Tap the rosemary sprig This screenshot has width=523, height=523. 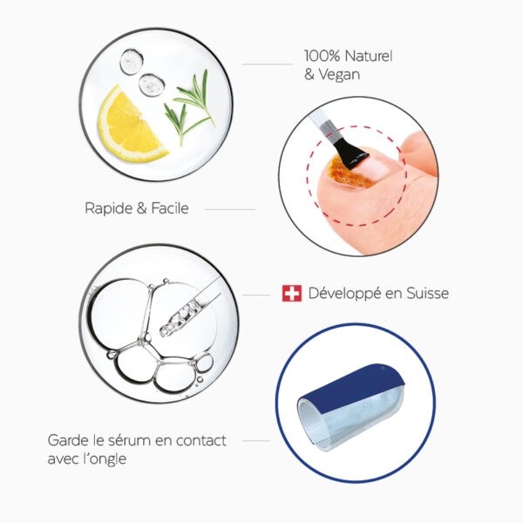click(x=189, y=107)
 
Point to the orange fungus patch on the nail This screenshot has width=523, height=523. click(x=349, y=172)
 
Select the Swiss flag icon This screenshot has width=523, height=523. click(x=292, y=294)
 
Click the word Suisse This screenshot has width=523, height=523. click(x=427, y=294)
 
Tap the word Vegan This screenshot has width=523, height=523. click(x=339, y=74)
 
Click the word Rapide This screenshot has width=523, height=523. click(x=109, y=209)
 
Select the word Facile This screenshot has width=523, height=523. click(x=170, y=208)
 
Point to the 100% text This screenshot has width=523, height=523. click(x=322, y=56)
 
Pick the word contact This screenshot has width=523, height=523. click(x=201, y=440)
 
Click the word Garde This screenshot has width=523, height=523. click(x=68, y=440)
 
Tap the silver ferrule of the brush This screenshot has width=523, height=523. click(x=329, y=130)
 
